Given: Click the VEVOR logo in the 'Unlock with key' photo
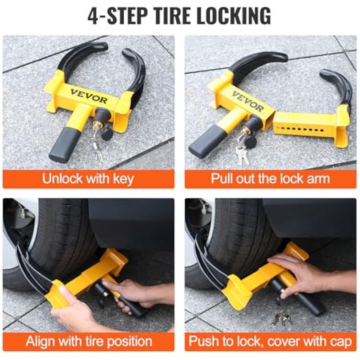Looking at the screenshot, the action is tap(89, 96).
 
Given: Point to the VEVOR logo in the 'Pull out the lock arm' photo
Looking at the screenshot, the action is tap(248, 101).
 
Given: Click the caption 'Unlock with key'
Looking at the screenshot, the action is tap(88, 179).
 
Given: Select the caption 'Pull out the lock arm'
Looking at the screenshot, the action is tap(270, 178).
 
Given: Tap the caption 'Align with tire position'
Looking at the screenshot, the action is tap(89, 342).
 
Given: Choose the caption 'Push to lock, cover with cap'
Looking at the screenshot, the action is tap(270, 342).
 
